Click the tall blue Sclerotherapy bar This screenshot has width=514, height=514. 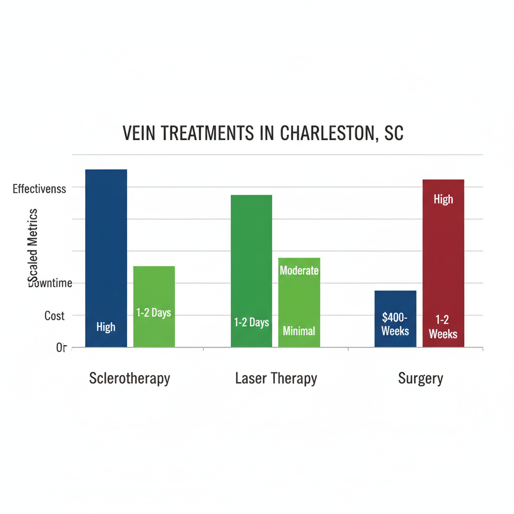click(106, 251)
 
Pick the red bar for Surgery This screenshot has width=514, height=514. click(443, 261)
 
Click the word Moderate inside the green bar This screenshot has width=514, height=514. click(299, 271)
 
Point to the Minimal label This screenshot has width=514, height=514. click(299, 331)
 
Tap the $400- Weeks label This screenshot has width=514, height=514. click(395, 324)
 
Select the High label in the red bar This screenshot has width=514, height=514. click(443, 199)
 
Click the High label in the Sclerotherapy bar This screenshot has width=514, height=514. click(106, 327)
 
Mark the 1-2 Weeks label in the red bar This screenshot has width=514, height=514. click(443, 327)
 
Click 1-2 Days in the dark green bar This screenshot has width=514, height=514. click(251, 322)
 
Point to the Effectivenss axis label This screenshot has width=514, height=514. click(39, 189)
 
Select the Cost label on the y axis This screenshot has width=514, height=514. click(54, 316)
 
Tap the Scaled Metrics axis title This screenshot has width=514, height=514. click(33, 246)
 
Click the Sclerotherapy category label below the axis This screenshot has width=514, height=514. click(130, 378)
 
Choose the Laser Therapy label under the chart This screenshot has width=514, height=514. click(276, 378)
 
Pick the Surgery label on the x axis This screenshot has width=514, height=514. click(421, 378)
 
